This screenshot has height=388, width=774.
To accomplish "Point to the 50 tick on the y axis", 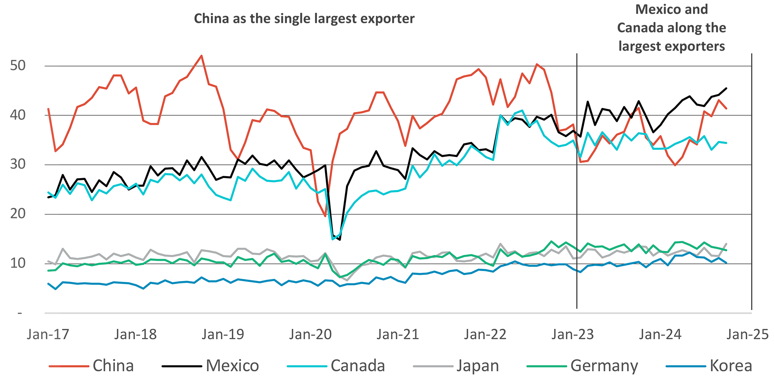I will (x=18, y=65).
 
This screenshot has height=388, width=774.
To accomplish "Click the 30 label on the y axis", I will (x=18, y=164).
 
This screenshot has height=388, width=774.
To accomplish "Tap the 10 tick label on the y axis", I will (x=18, y=263).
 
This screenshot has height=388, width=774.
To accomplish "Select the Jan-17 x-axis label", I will (x=48, y=334).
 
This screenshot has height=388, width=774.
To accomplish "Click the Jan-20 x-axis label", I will (x=310, y=334).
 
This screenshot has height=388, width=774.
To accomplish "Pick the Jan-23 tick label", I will (x=573, y=334).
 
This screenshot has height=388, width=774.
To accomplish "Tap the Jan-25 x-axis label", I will (x=747, y=334).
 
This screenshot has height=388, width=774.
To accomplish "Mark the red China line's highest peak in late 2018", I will (x=202, y=56).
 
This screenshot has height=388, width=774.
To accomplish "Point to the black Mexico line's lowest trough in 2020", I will (x=340, y=240).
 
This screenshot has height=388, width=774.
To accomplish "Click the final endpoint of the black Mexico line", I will (x=726, y=88).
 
